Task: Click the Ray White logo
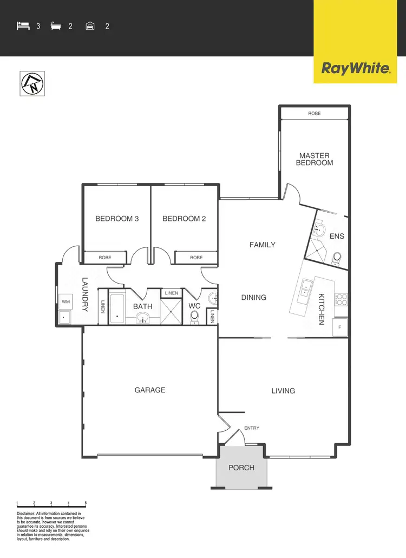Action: click(356, 68)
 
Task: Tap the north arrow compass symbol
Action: click(32, 83)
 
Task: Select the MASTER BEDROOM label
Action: click(315, 159)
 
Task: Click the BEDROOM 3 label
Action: click(117, 219)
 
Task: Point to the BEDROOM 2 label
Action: click(184, 219)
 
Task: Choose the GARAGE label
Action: click(150, 390)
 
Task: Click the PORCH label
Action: click(241, 468)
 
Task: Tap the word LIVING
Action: click(283, 391)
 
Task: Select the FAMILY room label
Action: click(263, 245)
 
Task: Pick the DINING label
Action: click(254, 297)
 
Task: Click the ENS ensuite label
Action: click(337, 236)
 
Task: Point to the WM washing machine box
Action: click(66, 301)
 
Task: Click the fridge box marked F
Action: click(340, 327)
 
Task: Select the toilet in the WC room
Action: click(195, 316)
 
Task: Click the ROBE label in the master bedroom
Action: click(314, 114)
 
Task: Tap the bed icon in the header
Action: click(23, 25)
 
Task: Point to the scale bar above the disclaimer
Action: click(51, 504)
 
